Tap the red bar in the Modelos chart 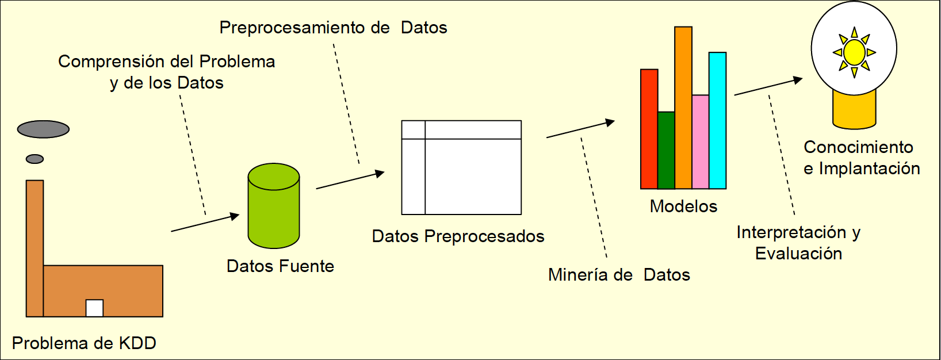point(649,129)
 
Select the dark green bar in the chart point(666,151)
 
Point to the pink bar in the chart point(700,142)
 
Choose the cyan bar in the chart point(717,121)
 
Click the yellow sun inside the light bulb point(854,52)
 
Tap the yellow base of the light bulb point(854,112)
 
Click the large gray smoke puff point(43,129)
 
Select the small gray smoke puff point(35,159)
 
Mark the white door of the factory point(94,308)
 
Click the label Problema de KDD point(84,343)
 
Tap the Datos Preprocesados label point(458,236)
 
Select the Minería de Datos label point(619,275)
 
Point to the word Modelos point(683,206)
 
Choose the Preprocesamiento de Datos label point(333,28)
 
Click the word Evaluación point(798,254)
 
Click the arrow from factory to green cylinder point(205,223)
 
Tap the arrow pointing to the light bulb point(768,86)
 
